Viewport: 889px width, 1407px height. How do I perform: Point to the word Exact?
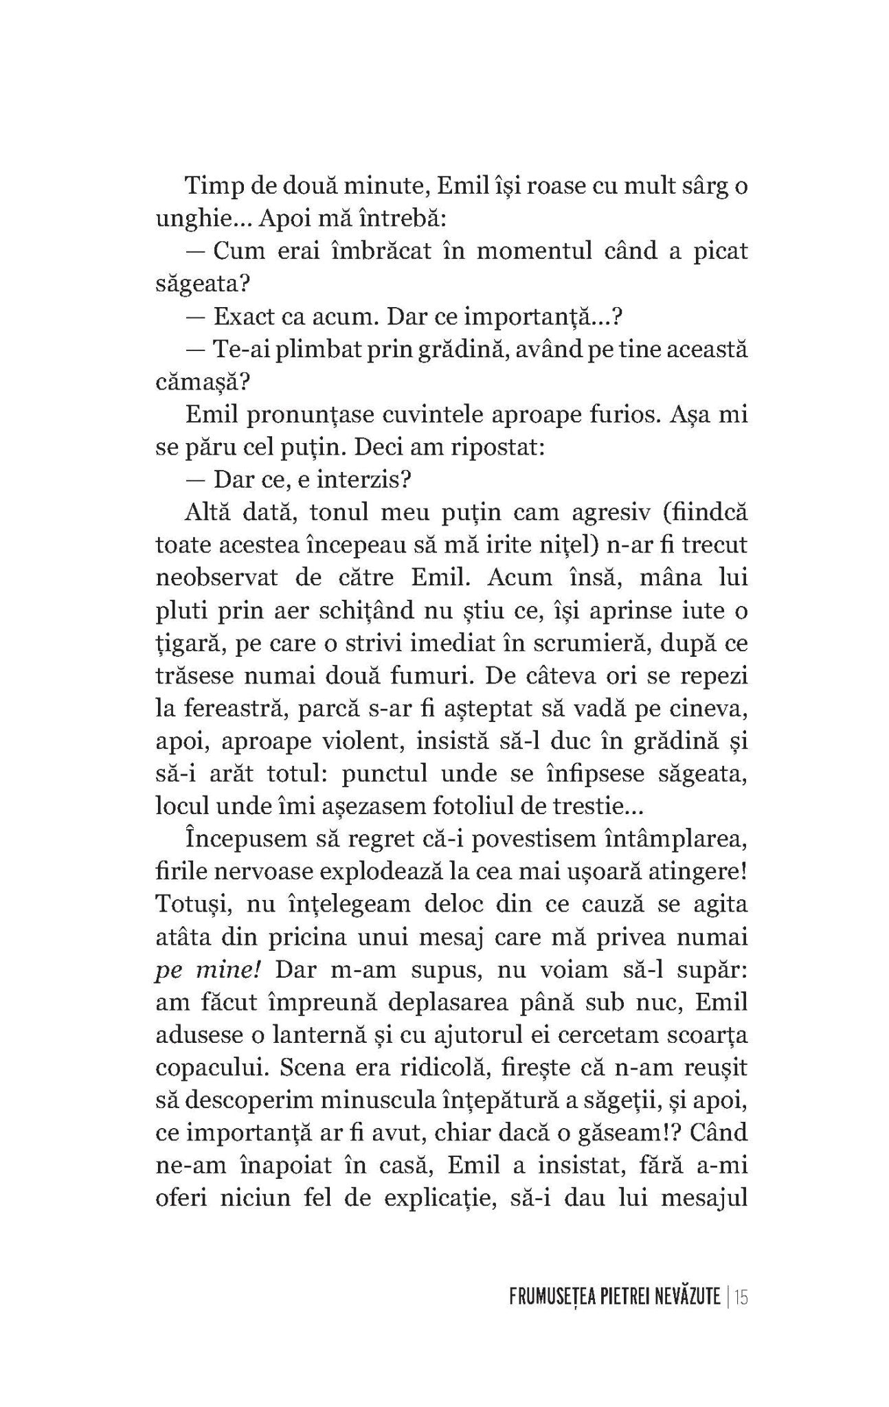pyautogui.click(x=241, y=317)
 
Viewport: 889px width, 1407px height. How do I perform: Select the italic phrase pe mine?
pyautogui.click(x=199, y=969)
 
